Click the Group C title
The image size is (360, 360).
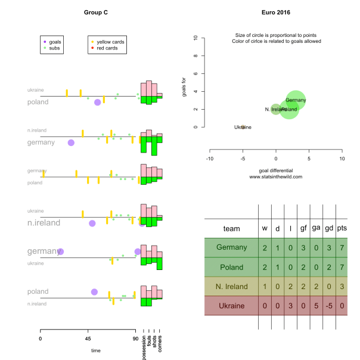pyautogui.click(x=96, y=12)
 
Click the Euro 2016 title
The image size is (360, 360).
pyautogui.click(x=275, y=12)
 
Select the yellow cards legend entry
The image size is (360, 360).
pyautogui.click(x=110, y=42)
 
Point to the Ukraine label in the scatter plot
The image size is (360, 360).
pyautogui.click(x=243, y=127)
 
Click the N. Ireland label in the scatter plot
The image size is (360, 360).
pyautogui.click(x=275, y=110)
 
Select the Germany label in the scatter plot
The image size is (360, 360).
pyautogui.click(x=296, y=100)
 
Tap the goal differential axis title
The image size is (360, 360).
pyautogui.click(x=275, y=170)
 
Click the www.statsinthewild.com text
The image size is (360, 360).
pyautogui.click(x=275, y=176)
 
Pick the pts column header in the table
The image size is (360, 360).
pyautogui.click(x=342, y=228)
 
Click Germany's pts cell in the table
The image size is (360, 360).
pyautogui.click(x=342, y=247)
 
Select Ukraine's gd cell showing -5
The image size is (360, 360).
pyautogui.click(x=328, y=306)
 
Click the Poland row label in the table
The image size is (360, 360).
pyautogui.click(x=231, y=267)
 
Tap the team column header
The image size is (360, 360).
pyautogui.click(x=231, y=228)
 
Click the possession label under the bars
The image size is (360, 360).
pyautogui.click(x=144, y=347)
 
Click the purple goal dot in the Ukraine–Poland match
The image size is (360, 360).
pyautogui.click(x=98, y=103)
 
